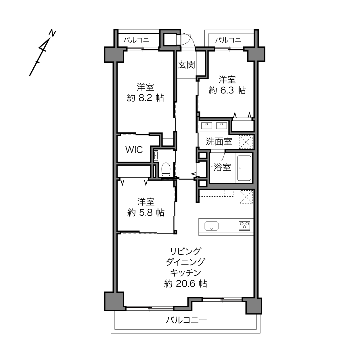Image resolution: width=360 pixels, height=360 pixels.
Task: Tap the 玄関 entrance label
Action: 186,65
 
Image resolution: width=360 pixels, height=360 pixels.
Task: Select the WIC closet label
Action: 134,150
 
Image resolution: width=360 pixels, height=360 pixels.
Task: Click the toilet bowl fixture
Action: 166,169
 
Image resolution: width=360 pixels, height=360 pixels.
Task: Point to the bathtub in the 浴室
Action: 244,168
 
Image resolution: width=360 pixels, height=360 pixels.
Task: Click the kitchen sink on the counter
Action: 211,226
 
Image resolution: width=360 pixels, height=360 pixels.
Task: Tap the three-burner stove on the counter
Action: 244,226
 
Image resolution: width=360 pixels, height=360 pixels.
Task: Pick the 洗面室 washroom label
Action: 219,141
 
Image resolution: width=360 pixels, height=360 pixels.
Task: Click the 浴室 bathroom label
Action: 222,167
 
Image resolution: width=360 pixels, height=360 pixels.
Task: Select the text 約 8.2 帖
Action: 145,98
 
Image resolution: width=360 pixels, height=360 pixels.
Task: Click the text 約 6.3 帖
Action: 227,90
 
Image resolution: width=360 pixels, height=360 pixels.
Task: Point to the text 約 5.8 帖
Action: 146,212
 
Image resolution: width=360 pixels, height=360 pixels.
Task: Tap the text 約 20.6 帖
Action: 185,284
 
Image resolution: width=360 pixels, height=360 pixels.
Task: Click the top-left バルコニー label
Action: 139,40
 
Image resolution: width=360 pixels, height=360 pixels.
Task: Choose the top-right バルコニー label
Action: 231,40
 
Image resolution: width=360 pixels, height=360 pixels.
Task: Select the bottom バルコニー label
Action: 186,320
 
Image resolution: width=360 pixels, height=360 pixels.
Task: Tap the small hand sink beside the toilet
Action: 156,155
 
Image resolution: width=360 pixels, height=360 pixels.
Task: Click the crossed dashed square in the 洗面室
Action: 246,142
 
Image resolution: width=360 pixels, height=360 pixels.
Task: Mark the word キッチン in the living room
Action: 185,273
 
